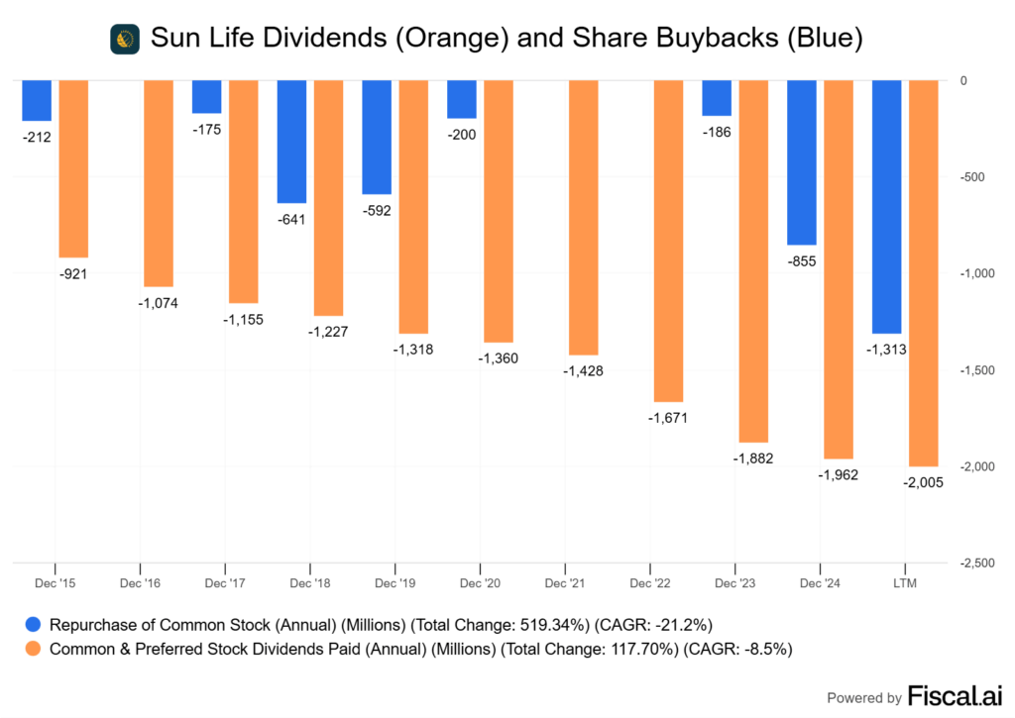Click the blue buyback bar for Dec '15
[x=37, y=101]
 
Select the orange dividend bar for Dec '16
[x=159, y=183]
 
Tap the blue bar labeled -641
[x=291, y=142]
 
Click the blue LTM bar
[x=886, y=207]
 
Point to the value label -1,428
[x=584, y=370]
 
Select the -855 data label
[x=801, y=260]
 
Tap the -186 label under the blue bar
[x=717, y=132]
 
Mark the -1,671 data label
[x=669, y=417]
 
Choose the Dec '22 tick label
[x=649, y=584]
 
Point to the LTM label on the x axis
[x=904, y=584]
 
